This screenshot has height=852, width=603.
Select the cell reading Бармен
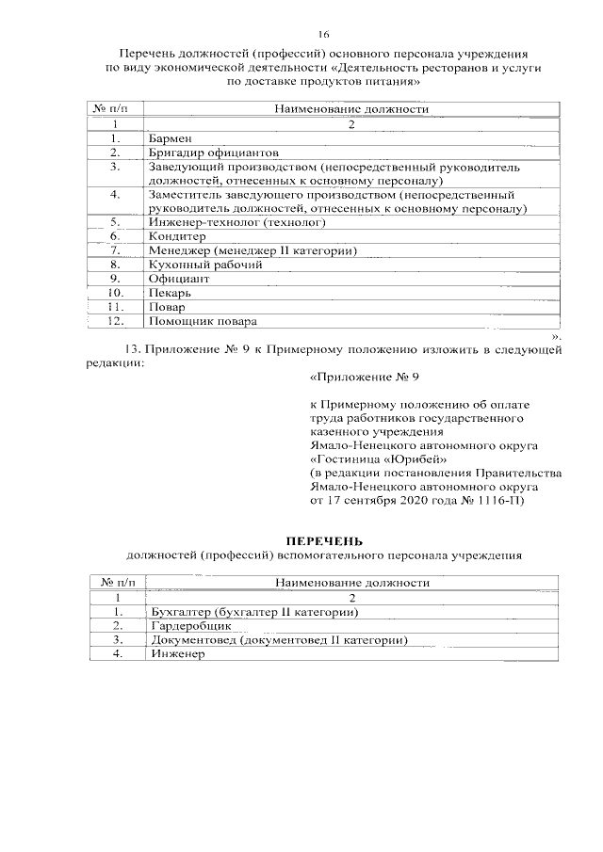170,138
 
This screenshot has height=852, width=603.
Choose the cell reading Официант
177,279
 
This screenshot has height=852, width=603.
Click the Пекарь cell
171,293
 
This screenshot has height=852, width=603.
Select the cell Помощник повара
202,321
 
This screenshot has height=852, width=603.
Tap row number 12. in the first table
115,321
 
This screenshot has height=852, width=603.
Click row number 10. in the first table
115,293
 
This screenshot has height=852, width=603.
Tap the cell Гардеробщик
191,626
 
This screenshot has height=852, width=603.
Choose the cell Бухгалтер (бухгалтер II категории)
255,612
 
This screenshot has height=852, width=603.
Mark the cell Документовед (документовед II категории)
279,640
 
